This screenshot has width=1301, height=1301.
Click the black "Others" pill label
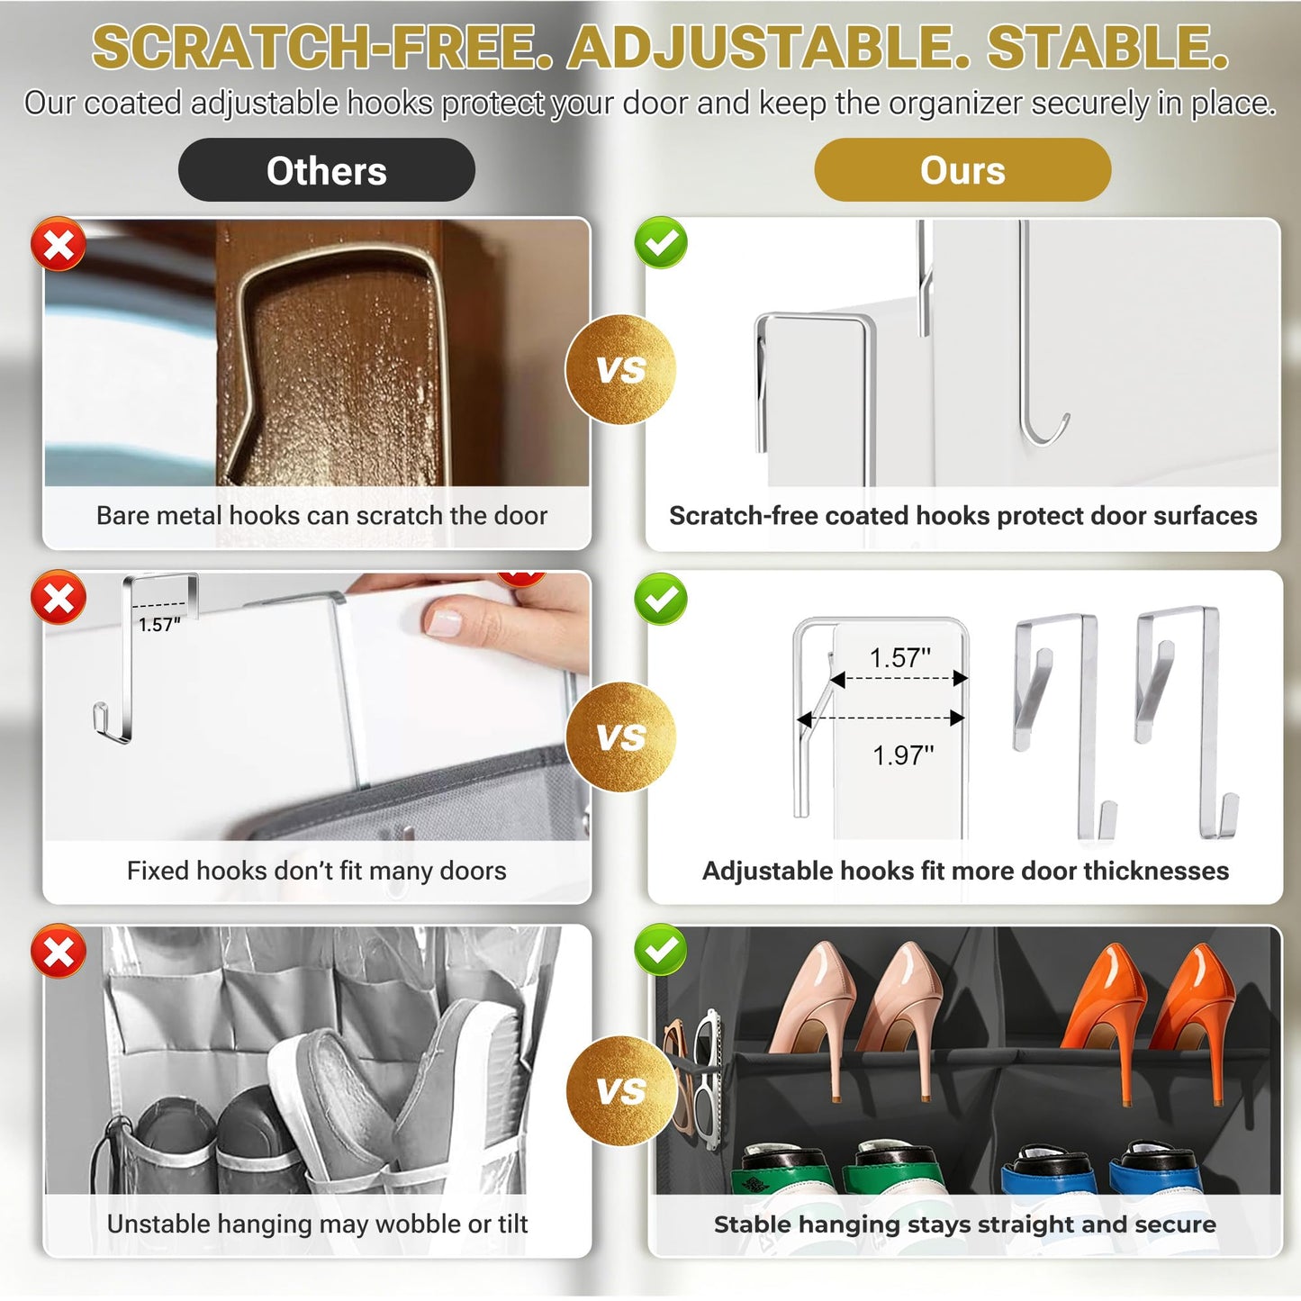point(326,169)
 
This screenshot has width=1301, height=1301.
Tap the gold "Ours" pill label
point(962,169)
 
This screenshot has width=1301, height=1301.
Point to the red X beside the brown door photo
point(59,244)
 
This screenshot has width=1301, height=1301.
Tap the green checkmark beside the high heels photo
point(661,949)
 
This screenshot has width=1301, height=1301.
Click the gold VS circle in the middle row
point(620,736)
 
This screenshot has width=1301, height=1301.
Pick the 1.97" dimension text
point(903,755)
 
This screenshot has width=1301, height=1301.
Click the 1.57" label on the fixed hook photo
point(160,625)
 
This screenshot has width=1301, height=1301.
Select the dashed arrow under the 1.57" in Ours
point(899,679)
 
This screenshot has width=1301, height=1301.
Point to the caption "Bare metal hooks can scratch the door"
point(321,515)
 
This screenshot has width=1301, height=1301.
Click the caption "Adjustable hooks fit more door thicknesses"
point(965,871)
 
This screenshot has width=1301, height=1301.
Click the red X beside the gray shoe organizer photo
point(59,951)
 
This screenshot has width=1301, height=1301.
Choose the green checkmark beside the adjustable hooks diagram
point(661,599)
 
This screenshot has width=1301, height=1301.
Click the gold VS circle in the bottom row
point(620,1091)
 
